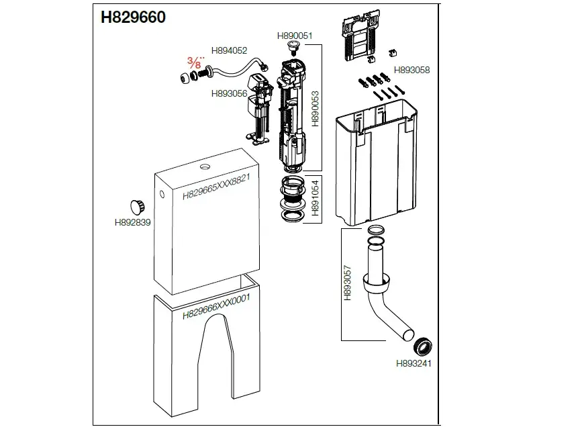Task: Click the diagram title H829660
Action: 133,17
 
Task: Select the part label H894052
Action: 229,50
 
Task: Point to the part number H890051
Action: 295,36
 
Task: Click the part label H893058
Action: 412,70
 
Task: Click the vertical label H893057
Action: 348,282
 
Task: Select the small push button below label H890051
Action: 293,48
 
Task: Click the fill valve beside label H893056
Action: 258,107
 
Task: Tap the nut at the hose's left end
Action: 183,77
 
